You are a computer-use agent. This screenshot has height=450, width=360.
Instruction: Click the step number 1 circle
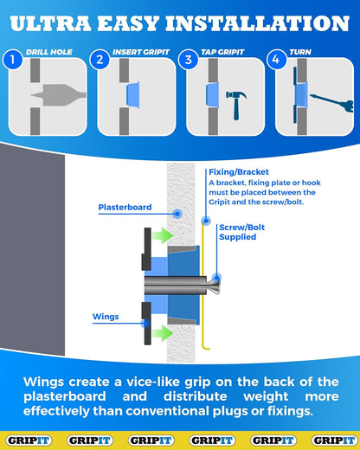(12, 60)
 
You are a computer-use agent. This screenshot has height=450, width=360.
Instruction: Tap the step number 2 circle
(100, 60)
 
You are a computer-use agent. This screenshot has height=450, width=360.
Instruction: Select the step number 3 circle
(188, 60)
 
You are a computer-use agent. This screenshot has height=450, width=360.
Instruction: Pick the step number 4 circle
(277, 60)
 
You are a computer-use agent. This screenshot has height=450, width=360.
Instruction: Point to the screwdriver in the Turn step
(331, 102)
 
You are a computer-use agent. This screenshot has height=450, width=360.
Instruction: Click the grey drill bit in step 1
(59, 95)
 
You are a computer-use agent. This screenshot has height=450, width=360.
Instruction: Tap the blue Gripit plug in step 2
(133, 94)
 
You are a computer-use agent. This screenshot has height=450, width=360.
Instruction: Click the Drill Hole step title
(49, 52)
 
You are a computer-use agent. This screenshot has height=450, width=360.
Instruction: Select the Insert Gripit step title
(141, 52)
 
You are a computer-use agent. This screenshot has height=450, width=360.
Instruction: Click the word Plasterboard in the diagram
(125, 207)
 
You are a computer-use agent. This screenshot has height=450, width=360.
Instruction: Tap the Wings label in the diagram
(106, 317)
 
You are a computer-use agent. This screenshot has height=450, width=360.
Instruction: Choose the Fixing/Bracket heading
(239, 172)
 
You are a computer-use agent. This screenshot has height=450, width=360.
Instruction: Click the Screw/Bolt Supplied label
(241, 232)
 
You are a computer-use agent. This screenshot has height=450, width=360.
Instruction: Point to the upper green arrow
(163, 235)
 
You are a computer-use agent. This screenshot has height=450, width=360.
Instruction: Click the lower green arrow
(163, 333)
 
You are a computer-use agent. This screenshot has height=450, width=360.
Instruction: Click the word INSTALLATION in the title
(258, 23)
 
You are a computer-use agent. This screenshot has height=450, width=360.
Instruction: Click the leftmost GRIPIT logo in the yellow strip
(29, 440)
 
